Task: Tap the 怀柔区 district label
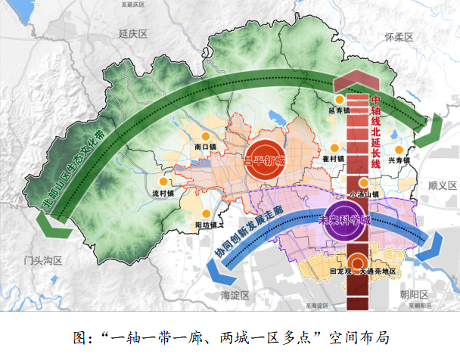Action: [399, 37]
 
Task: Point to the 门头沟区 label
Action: [42, 260]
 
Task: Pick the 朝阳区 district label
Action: [414, 294]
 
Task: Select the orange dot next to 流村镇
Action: [162, 182]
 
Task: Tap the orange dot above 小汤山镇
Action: [364, 182]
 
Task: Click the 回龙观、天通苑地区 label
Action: [363, 272]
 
